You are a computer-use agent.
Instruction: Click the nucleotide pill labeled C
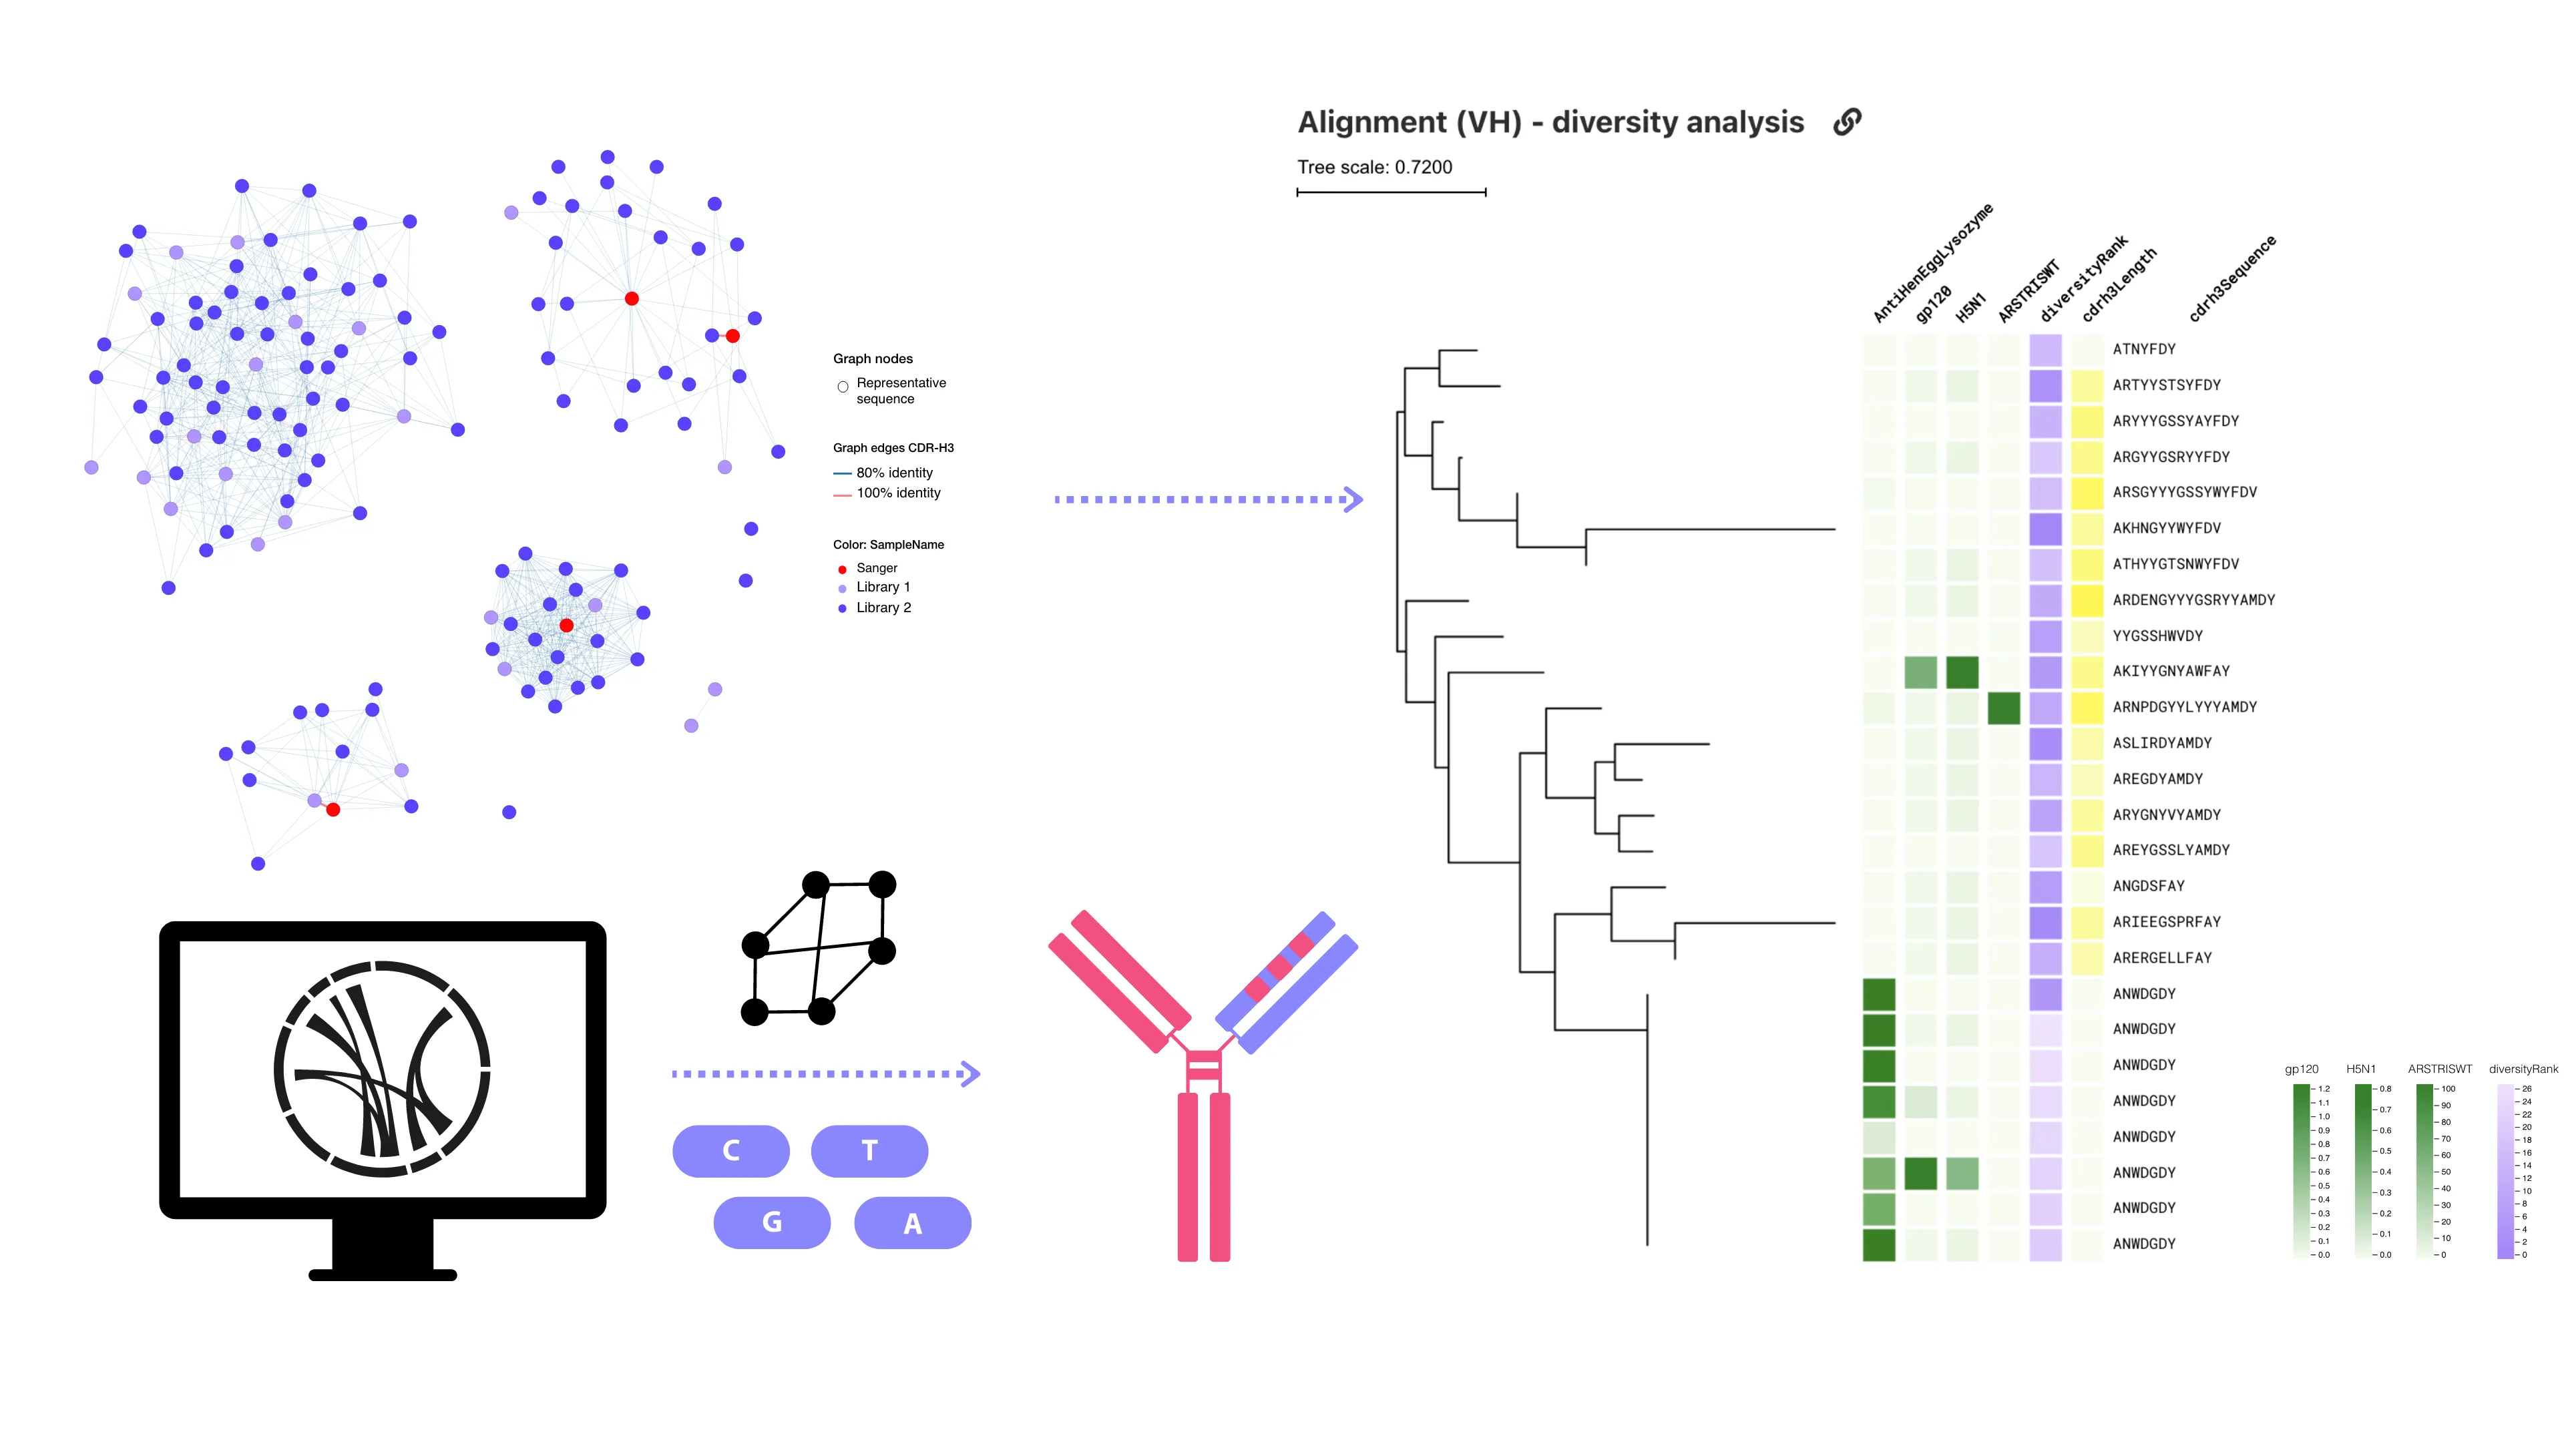click(x=730, y=1150)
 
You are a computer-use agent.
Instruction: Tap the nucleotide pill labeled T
click(x=869, y=1150)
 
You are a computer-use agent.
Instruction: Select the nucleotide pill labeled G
click(x=771, y=1222)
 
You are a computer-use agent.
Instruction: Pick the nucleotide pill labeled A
click(x=911, y=1222)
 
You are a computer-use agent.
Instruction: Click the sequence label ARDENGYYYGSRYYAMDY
click(x=2193, y=600)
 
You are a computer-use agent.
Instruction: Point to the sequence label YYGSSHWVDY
click(x=2157, y=636)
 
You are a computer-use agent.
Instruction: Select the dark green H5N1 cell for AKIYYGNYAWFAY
click(x=1961, y=672)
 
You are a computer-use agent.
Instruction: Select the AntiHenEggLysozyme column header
click(x=1931, y=264)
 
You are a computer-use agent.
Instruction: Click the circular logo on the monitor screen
click(x=381, y=1069)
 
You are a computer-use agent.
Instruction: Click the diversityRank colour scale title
click(x=2521, y=1069)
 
